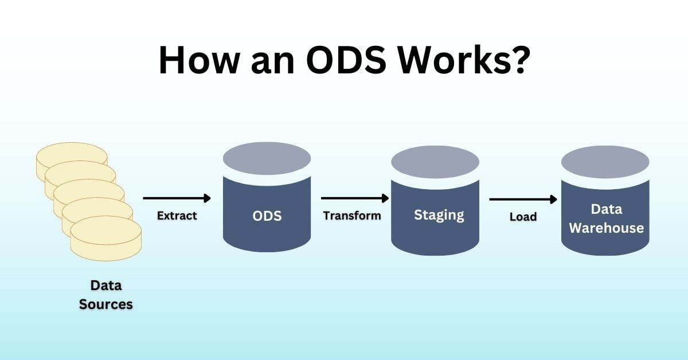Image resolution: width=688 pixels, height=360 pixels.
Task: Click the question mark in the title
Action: pos(518,59)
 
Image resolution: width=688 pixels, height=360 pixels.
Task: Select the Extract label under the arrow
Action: pos(177,216)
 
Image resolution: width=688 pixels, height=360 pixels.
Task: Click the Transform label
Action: pos(352,216)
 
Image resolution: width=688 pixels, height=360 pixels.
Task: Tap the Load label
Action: pos(523,217)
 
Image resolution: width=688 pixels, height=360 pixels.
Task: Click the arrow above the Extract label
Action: pos(177,198)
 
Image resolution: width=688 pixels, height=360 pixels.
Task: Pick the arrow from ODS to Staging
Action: pos(354,198)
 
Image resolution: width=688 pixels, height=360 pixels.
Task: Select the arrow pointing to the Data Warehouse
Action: pos(523,199)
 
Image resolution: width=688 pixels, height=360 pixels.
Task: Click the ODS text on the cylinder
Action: pos(267,216)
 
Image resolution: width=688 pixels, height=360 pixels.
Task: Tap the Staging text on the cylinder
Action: pos(439,215)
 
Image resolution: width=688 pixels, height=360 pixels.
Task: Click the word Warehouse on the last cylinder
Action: pos(606,228)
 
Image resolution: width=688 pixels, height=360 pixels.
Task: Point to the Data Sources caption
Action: pos(106,295)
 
